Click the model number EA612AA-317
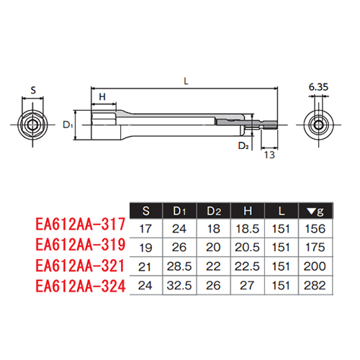81,224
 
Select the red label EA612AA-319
81,245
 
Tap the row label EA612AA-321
80,266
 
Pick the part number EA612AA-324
81,286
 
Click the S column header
146,211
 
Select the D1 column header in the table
179,211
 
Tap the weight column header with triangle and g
315,212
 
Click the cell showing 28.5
179,266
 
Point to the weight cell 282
315,285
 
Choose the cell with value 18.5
248,229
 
